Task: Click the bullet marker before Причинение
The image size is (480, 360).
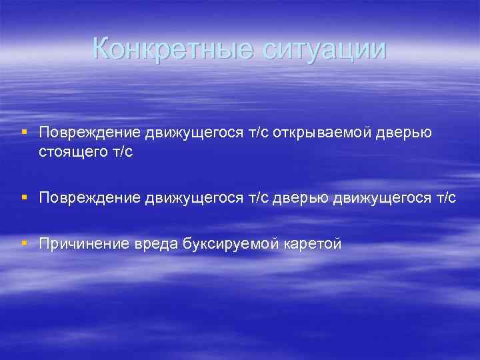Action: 25,244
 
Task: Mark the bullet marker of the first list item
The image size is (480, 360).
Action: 25,132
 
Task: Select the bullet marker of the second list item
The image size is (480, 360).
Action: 25,197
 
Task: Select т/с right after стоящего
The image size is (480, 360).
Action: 121,152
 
